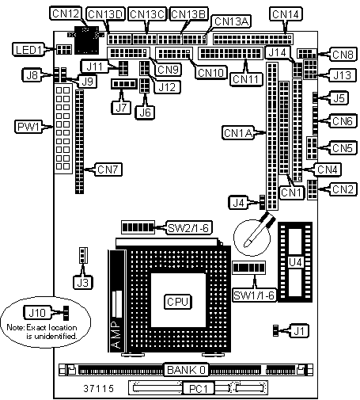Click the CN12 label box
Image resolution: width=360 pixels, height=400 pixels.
pos(66,13)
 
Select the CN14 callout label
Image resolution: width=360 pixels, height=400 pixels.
pos(286,14)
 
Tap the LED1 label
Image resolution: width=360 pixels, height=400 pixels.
pos(28,50)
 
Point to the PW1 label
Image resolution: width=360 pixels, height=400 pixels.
pos(28,127)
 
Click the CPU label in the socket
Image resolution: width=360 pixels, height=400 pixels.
pos(178,302)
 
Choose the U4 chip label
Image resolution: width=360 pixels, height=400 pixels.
pos(295,262)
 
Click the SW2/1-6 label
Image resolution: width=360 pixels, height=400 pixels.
pos(189,227)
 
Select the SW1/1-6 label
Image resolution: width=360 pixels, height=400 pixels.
pos(255,295)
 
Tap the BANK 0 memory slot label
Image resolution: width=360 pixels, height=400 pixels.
pos(186,370)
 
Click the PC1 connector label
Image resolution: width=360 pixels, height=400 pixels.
pos(199,388)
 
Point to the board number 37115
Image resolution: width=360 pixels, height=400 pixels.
pos(98,388)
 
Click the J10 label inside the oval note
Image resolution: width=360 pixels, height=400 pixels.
pos(37,313)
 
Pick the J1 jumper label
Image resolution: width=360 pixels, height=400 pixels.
pos(299,330)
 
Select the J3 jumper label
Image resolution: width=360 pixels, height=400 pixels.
pos(82,283)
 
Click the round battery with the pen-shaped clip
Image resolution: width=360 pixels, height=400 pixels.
pos(252,238)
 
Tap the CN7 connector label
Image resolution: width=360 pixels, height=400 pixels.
pos(108,170)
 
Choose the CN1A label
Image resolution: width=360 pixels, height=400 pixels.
pos(238,133)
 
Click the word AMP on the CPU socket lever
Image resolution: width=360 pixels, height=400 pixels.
pos(116,334)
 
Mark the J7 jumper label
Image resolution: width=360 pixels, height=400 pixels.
pos(121,108)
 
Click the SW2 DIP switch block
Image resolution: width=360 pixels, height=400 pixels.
pos(138,227)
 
